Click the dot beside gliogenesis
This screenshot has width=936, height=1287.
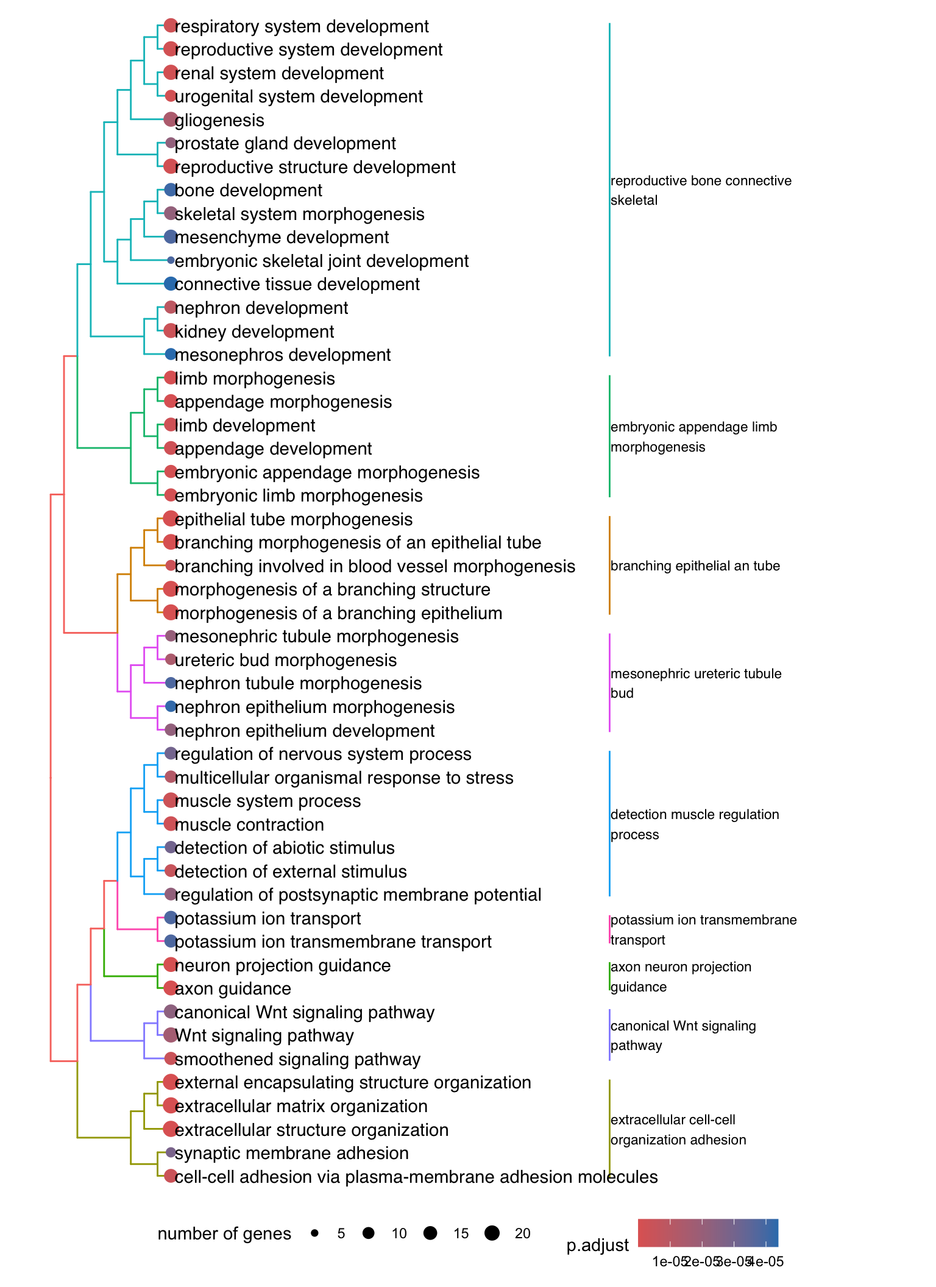(x=171, y=119)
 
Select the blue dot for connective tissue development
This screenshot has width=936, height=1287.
(x=171, y=283)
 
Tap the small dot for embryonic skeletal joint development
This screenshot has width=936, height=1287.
(x=171, y=260)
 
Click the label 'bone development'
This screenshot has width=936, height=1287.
(x=248, y=191)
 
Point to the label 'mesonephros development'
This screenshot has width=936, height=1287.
(x=282, y=355)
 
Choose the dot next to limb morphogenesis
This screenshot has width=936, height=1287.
(x=171, y=378)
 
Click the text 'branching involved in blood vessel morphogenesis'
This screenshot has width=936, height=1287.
(x=375, y=566)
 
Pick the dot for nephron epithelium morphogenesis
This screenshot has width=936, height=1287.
(x=171, y=706)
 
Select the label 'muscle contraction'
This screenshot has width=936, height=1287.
(x=249, y=824)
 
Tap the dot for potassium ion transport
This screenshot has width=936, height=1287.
(x=171, y=917)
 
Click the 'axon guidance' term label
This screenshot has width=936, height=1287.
(x=233, y=988)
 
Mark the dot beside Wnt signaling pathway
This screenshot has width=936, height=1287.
(x=171, y=1035)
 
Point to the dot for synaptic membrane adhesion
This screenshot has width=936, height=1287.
(x=171, y=1152)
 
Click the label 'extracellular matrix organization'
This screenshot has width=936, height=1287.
(x=301, y=1106)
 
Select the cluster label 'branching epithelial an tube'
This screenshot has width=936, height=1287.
(x=695, y=565)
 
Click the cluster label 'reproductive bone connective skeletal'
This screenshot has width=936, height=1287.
(x=701, y=190)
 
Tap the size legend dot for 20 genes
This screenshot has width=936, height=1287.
(x=492, y=1233)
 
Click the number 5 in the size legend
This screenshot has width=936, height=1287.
(x=341, y=1233)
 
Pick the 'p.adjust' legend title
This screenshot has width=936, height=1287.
(x=597, y=1246)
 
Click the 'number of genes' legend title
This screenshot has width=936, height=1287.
(x=224, y=1233)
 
